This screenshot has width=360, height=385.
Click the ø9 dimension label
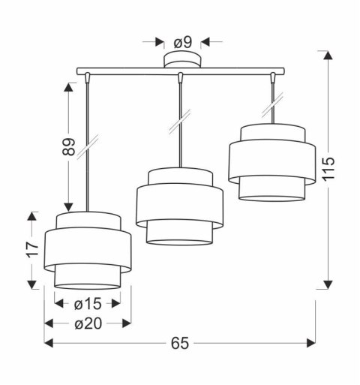(182, 42)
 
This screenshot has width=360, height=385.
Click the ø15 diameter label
(87, 304)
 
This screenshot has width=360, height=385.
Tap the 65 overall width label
(180, 343)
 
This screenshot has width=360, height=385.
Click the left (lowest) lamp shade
(88, 251)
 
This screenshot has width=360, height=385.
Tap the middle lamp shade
(179, 207)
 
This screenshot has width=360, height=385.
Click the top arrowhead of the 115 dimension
(327, 53)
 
